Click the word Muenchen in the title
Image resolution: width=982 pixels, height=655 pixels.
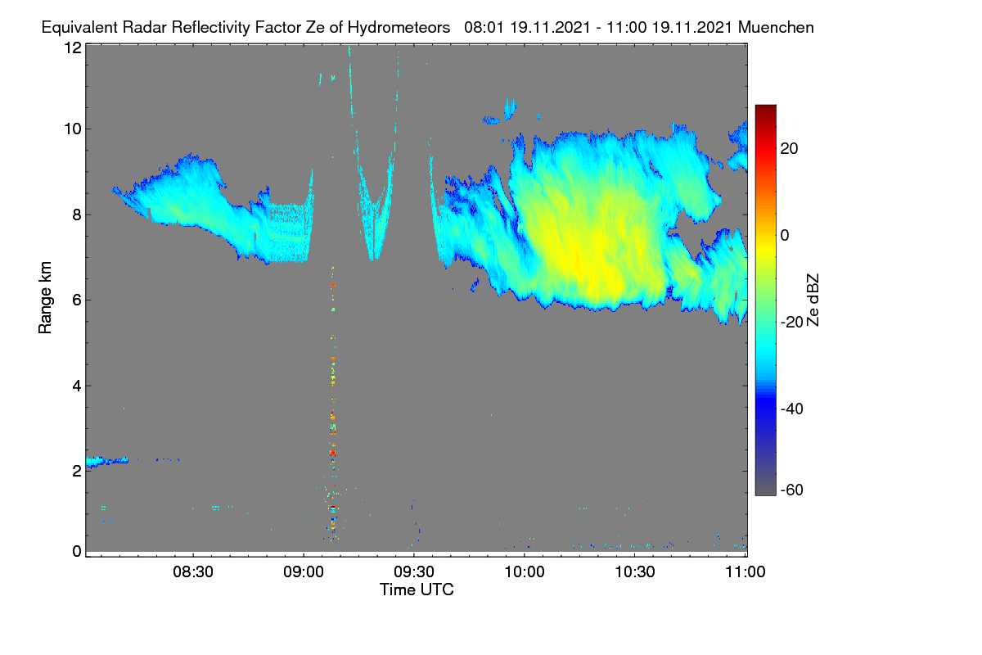pyautogui.click(x=776, y=28)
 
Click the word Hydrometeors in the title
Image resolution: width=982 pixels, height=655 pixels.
pyautogui.click(x=399, y=28)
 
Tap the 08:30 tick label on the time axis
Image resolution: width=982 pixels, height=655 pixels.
pyautogui.click(x=193, y=572)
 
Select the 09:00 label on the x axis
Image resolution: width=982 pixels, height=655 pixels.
pyautogui.click(x=304, y=572)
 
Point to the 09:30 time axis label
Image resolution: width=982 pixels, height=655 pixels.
pyautogui.click(x=414, y=572)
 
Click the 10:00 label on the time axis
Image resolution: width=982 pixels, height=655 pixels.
pyautogui.click(x=525, y=572)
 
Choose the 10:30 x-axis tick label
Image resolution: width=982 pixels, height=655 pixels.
pyautogui.click(x=635, y=572)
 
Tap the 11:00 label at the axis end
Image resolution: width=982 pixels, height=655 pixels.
pyautogui.click(x=746, y=572)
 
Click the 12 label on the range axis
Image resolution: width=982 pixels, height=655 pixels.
pyautogui.click(x=73, y=47)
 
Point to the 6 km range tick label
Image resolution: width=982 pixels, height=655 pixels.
pyautogui.click(x=77, y=300)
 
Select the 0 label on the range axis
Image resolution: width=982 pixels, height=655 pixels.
pyautogui.click(x=77, y=552)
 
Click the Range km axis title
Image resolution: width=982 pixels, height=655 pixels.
pyautogui.click(x=45, y=297)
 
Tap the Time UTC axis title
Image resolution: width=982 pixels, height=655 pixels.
pyautogui.click(x=417, y=590)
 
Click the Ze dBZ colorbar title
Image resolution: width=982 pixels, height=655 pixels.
pyautogui.click(x=813, y=300)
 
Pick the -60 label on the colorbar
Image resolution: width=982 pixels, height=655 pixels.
pyautogui.click(x=792, y=490)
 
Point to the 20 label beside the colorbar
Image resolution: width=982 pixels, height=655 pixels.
pyautogui.click(x=789, y=149)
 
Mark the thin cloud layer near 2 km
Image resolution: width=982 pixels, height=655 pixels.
pyautogui.click(x=107, y=461)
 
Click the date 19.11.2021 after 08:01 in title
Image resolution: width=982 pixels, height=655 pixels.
pyautogui.click(x=550, y=28)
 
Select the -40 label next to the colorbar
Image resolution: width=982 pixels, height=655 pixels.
pyautogui.click(x=792, y=409)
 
